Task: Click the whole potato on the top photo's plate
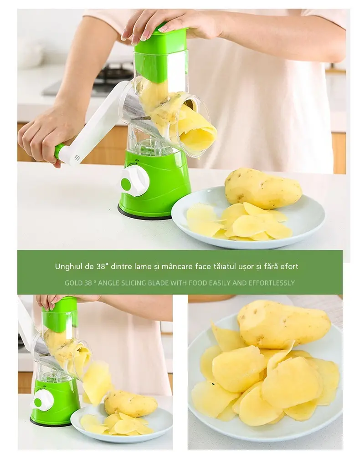[263, 188]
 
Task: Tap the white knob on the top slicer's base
[135, 182]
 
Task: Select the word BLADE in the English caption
[158, 283]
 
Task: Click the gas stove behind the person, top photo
[114, 74]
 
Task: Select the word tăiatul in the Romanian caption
[229, 266]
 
